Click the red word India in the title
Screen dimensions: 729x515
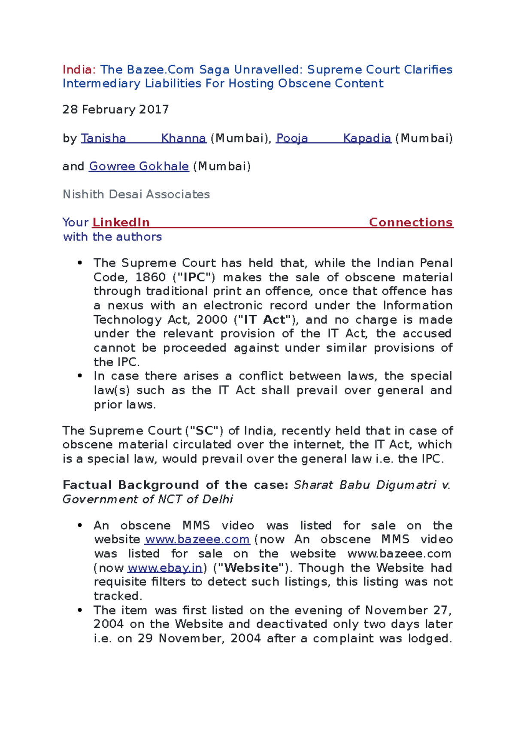(x=77, y=70)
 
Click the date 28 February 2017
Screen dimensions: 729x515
(x=115, y=109)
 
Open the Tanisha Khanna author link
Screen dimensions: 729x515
(x=144, y=138)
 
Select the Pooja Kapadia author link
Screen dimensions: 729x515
(x=333, y=138)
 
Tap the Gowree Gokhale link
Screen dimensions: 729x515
(x=139, y=166)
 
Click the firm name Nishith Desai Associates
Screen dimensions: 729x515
(x=136, y=194)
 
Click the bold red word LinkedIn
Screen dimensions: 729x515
(x=121, y=222)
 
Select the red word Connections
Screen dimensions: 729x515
(x=411, y=222)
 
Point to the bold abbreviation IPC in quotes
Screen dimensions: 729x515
(x=194, y=277)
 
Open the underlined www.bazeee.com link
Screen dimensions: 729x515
(x=197, y=539)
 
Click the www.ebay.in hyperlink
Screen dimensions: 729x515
(x=165, y=568)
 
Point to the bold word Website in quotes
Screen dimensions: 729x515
(x=251, y=568)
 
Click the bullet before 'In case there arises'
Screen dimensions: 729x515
(x=79, y=376)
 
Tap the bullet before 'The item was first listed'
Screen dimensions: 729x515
(x=79, y=610)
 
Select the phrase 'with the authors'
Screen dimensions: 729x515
(x=112, y=237)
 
